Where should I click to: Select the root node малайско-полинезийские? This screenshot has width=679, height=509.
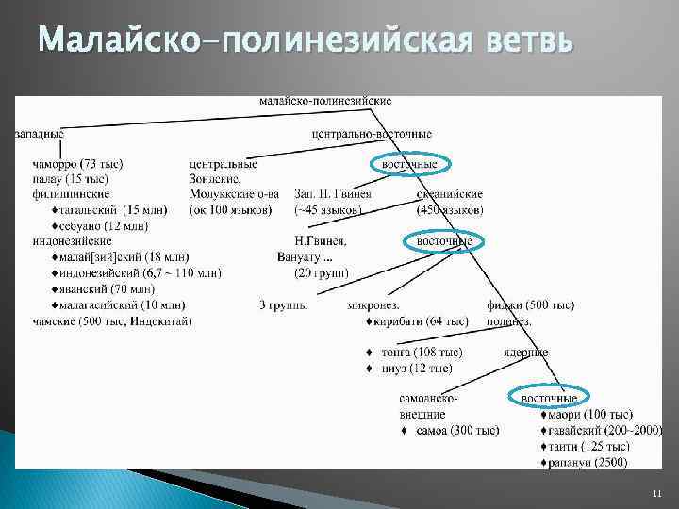click(325, 101)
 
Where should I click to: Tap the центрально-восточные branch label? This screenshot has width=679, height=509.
click(372, 134)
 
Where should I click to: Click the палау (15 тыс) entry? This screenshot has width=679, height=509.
click(71, 179)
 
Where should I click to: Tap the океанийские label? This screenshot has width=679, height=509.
click(450, 194)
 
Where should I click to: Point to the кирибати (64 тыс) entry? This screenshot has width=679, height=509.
click(422, 320)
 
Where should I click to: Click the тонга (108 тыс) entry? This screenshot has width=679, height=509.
click(421, 353)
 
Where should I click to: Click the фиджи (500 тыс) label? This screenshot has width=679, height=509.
click(530, 304)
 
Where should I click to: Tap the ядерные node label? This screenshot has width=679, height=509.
click(525, 353)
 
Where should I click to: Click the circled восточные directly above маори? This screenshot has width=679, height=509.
click(550, 399)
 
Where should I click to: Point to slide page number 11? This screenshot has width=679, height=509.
click(657, 494)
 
